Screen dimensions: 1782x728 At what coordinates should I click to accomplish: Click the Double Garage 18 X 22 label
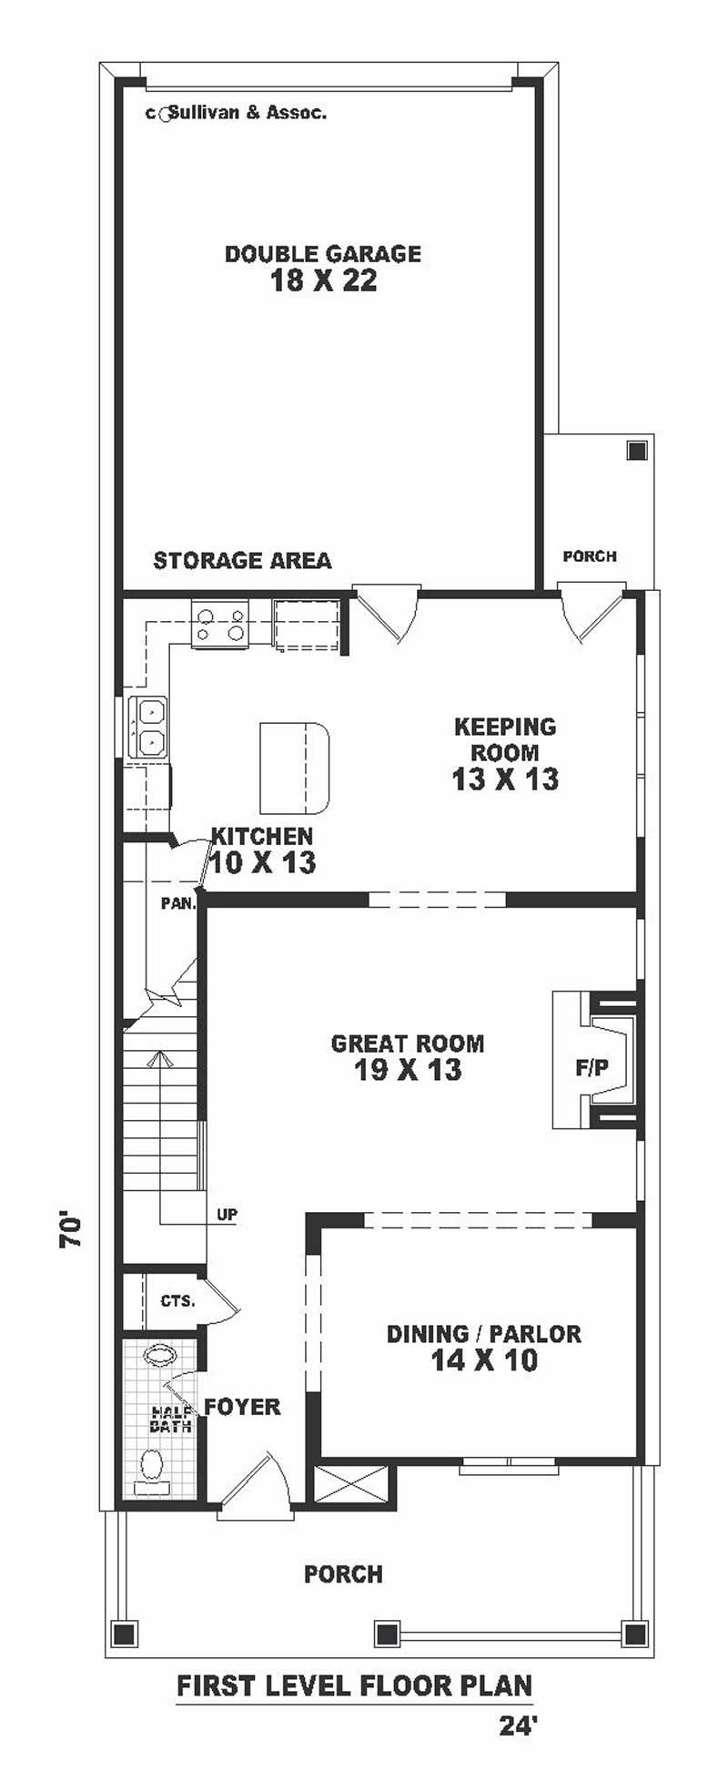tap(323, 267)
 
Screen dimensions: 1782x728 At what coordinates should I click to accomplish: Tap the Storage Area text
tap(242, 561)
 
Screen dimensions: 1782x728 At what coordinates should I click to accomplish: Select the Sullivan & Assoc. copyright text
tap(237, 113)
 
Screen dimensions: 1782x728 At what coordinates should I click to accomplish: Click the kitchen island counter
tap(293, 768)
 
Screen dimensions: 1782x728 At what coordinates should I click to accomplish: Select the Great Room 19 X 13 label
tap(408, 1056)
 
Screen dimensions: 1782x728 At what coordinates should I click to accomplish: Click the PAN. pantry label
tap(178, 904)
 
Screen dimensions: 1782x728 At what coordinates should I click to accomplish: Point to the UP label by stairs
tap(227, 1215)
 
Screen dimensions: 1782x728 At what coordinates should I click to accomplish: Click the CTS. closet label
tap(177, 1301)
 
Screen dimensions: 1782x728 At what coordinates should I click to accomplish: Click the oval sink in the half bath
tap(161, 1354)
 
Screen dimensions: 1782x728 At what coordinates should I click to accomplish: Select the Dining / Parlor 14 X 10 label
tap(483, 1347)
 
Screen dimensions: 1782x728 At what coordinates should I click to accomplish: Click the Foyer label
tap(242, 1407)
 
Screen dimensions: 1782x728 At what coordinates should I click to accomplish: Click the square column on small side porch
tap(636, 450)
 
